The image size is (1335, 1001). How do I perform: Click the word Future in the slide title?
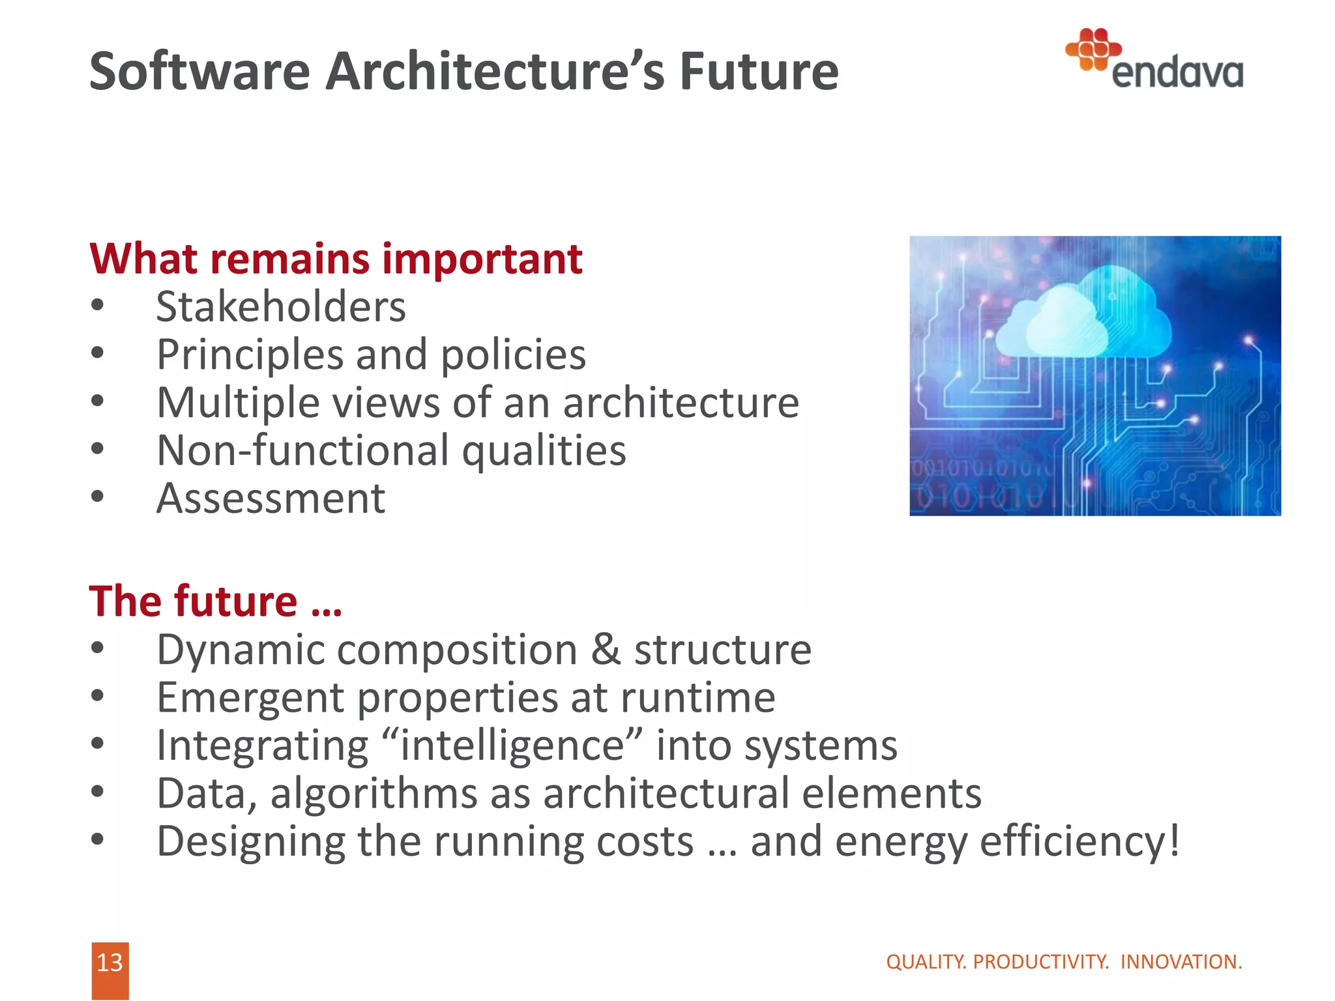coord(759,72)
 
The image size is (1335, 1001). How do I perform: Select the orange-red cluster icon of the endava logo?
coord(1093,49)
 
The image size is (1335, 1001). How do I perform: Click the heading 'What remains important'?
coord(336,259)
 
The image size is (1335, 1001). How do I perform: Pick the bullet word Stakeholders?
coord(281,307)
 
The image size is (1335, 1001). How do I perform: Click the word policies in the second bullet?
coord(513,355)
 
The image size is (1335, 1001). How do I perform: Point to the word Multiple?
coord(239,403)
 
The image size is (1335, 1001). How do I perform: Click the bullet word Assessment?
coord(271,499)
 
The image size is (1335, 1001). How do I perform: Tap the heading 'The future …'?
coord(216,601)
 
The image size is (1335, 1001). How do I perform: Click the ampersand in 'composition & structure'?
coord(606,650)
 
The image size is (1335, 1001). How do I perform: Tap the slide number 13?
coord(110,963)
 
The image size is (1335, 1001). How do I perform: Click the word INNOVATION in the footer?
coord(1181,962)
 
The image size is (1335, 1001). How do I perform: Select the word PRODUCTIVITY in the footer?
coord(1040,962)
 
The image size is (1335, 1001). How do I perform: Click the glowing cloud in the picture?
coord(1085,319)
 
